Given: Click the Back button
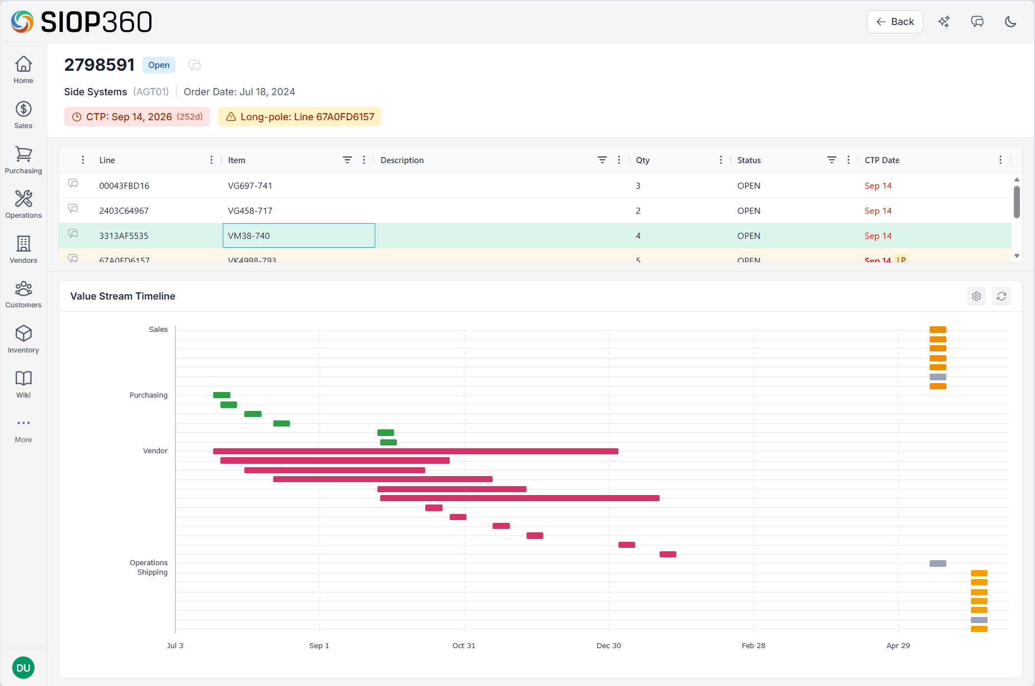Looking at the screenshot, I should [x=894, y=22].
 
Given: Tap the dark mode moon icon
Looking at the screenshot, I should [x=1010, y=22].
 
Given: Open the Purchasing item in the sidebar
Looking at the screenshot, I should [x=23, y=160].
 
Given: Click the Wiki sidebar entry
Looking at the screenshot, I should [x=23, y=384].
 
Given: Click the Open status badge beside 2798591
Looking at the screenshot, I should [x=159, y=65].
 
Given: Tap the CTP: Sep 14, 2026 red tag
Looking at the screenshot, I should [x=137, y=117].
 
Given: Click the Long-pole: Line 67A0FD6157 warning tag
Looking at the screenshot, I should [x=300, y=117].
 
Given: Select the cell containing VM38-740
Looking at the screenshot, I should [x=298, y=236].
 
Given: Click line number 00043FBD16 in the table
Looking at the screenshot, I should [x=124, y=186].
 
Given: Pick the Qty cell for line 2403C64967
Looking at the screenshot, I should [x=638, y=211].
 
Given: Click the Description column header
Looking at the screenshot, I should [x=402, y=160].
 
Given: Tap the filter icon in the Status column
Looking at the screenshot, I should [x=831, y=160].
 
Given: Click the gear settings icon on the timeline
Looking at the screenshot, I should [x=976, y=296].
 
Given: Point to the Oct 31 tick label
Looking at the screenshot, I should [x=464, y=645].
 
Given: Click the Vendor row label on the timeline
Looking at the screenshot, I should [x=155, y=451].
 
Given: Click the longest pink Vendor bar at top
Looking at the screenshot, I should [x=415, y=452].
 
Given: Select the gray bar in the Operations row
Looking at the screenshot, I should [x=938, y=563].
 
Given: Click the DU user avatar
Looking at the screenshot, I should [x=23, y=668].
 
